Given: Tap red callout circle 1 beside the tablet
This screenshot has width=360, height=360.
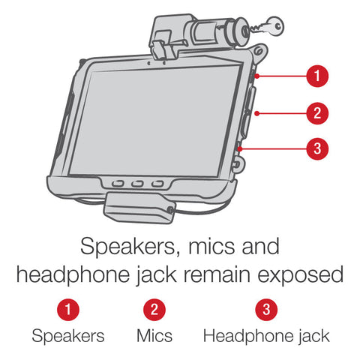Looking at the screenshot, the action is pos(317,76).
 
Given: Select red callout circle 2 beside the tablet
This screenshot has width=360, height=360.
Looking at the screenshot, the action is pos(317,113).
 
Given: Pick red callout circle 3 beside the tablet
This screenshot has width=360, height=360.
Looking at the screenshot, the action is pos(317,148).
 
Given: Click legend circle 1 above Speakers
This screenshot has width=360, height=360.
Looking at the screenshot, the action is pos(68,310).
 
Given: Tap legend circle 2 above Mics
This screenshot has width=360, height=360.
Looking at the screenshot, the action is pos(154,310).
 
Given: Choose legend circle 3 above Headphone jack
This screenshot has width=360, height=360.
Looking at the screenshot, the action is pos(266,310).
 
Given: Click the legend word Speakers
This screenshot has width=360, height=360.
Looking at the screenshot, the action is pos(68,336).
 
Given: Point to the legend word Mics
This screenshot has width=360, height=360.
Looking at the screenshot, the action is pos(154,336).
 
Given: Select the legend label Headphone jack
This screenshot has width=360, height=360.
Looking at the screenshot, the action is pos(266,337).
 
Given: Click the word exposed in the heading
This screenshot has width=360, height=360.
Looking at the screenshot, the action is pos(301,275).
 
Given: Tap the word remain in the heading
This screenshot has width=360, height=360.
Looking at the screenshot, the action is pos(217,274).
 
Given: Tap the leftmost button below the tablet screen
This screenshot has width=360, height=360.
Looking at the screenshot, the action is pos(118,184).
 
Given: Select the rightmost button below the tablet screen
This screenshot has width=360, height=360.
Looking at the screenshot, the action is pos(157,184).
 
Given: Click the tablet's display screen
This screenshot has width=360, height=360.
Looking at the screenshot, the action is pos(155,120).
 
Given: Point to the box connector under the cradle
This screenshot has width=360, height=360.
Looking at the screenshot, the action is pos(139,208).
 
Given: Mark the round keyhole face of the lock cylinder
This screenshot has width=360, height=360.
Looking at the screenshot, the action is pos(244,32).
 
